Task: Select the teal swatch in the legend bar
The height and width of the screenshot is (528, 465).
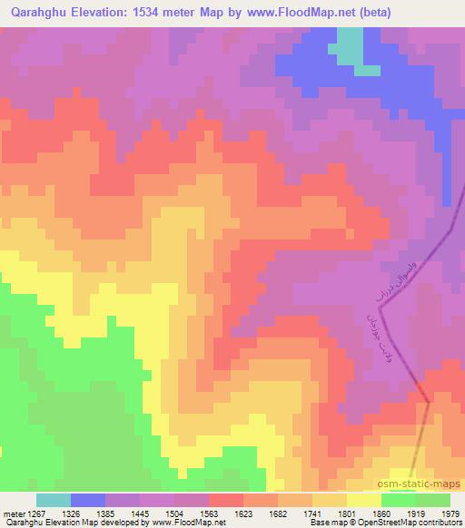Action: click(x=54, y=500)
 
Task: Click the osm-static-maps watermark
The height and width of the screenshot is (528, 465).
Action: click(x=425, y=484)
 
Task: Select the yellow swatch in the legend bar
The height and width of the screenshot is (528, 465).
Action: click(x=363, y=500)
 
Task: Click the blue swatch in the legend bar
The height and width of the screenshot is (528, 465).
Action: click(x=88, y=500)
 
